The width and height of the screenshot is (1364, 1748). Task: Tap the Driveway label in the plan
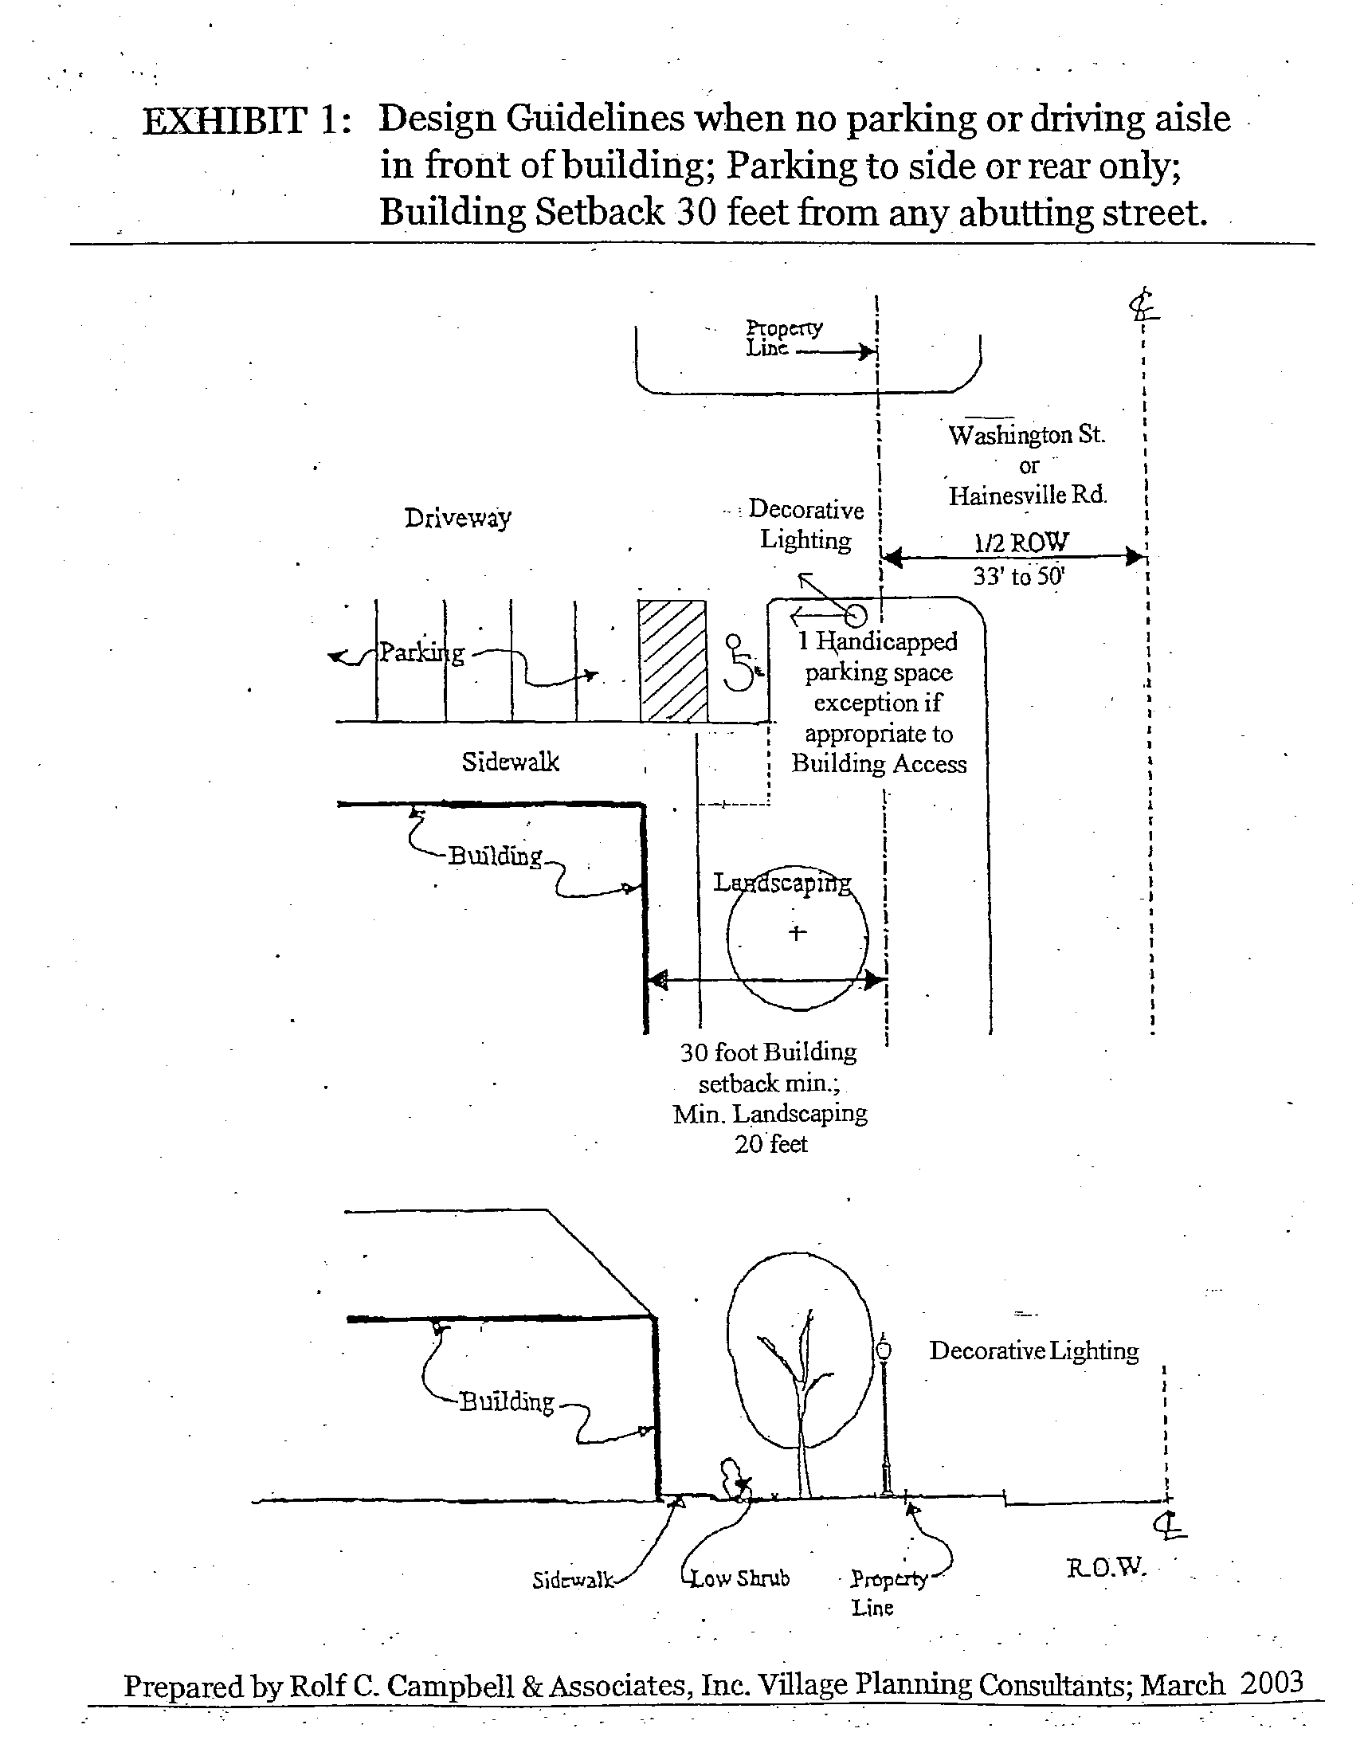[457, 518]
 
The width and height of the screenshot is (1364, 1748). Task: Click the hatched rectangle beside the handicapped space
[672, 661]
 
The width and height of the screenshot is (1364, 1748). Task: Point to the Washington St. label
[1026, 435]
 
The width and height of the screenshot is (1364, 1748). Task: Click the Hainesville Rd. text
[1028, 496]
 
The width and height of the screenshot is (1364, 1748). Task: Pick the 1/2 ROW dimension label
[1021, 543]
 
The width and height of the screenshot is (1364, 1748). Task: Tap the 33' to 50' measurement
[1019, 576]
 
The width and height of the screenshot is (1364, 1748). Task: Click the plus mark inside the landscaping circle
[797, 932]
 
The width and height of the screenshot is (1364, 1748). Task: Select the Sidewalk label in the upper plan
[510, 762]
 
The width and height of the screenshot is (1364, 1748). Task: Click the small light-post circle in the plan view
[856, 615]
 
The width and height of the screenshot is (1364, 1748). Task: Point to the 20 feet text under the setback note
[771, 1144]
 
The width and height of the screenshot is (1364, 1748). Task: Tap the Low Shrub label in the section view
[740, 1578]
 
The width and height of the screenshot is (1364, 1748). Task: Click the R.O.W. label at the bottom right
[1106, 1567]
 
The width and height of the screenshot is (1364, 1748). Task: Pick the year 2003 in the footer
[1271, 1682]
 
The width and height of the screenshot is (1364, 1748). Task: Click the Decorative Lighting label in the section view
[1033, 1351]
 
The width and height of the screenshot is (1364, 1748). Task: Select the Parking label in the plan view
[421, 653]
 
